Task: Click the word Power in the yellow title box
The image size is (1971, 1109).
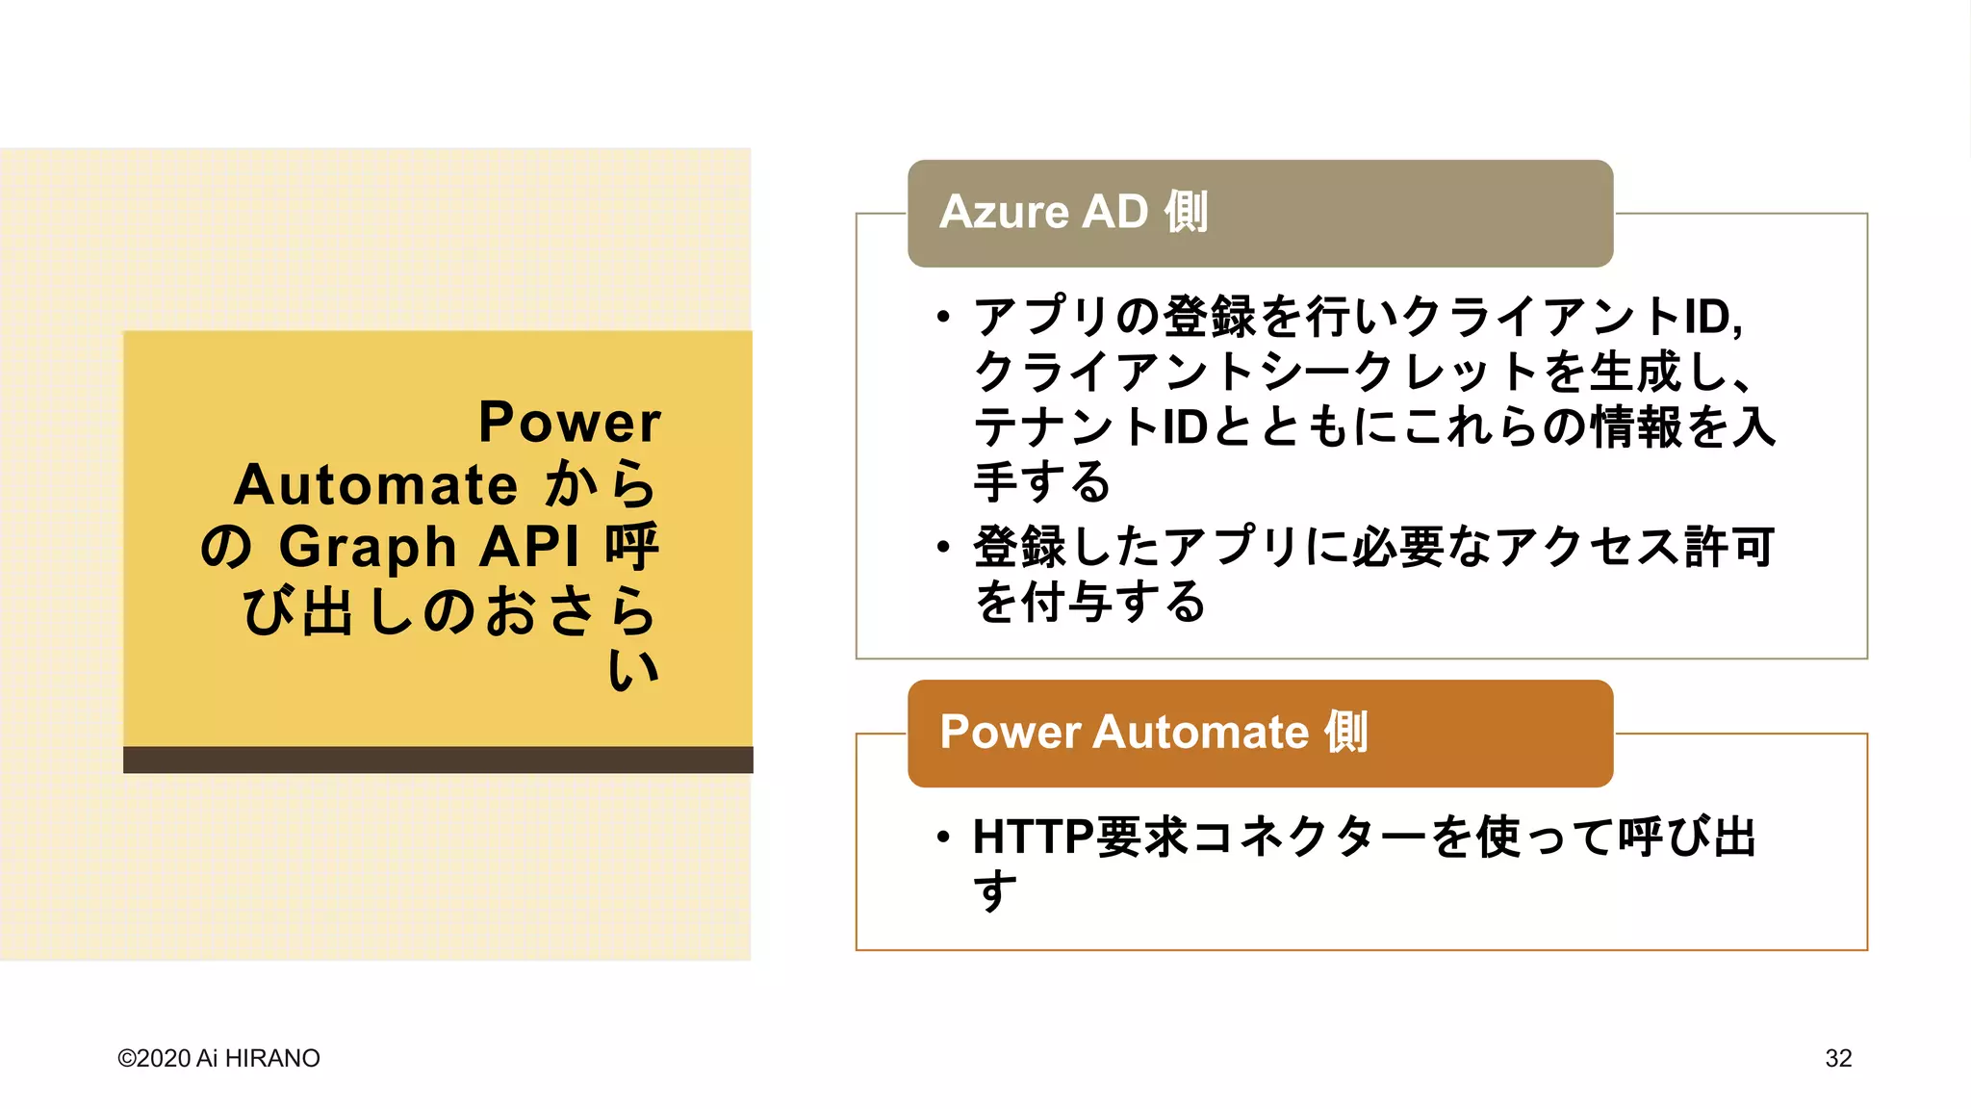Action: pyautogui.click(x=570, y=423)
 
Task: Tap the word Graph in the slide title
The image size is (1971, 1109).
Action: pyautogui.click(x=368, y=547)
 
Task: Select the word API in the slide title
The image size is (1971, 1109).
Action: pyautogui.click(x=530, y=547)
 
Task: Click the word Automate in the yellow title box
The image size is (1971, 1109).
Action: pyautogui.click(x=375, y=484)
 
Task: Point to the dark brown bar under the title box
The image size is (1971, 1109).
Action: pyautogui.click(x=438, y=760)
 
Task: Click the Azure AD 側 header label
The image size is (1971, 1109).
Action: pyautogui.click(x=1073, y=212)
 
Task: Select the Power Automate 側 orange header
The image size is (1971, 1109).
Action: pyautogui.click(x=1153, y=732)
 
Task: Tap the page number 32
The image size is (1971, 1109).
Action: pyautogui.click(x=1838, y=1058)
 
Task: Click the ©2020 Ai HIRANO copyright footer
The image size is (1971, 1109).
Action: pyautogui.click(x=218, y=1058)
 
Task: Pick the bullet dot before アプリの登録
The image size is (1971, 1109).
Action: pyautogui.click(x=943, y=317)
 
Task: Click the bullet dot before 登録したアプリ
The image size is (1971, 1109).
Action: pyautogui.click(x=943, y=547)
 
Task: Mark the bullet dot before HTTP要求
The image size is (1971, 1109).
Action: pyautogui.click(x=943, y=837)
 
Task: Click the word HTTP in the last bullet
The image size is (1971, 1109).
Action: pyautogui.click(x=1033, y=837)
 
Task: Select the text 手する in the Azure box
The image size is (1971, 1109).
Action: pyautogui.click(x=1042, y=481)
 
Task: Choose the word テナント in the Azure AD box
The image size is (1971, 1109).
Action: pyautogui.click(x=1066, y=426)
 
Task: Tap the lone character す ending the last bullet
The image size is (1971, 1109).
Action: pyautogui.click(x=994, y=890)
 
